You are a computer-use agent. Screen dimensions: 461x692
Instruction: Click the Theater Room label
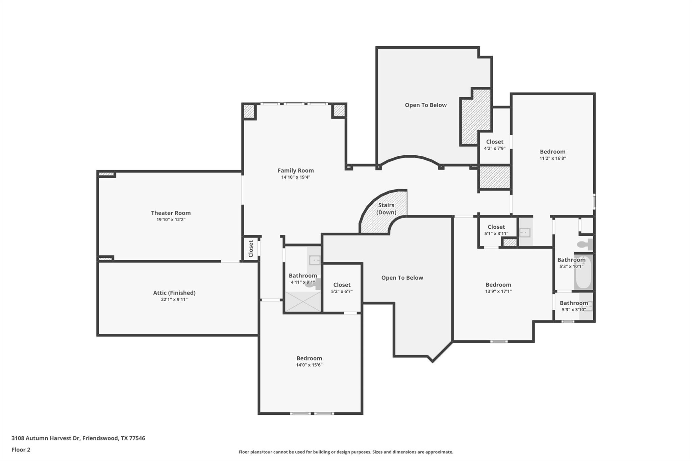click(171, 213)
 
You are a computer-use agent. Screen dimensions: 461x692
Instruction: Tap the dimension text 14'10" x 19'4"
click(296, 177)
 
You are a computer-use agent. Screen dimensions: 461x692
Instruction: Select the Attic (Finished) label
click(174, 293)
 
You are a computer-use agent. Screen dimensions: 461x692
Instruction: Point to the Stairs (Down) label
click(386, 209)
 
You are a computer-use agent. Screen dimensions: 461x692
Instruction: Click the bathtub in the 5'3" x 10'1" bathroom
click(583, 272)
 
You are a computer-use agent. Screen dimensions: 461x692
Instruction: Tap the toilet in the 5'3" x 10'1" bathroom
click(585, 244)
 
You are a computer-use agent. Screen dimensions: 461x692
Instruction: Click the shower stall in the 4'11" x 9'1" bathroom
click(303, 301)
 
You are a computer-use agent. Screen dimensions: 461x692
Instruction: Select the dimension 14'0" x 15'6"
click(309, 365)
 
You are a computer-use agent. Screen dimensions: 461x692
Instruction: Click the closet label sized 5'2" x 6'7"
click(342, 285)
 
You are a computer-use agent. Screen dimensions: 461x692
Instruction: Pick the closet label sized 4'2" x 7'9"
click(494, 142)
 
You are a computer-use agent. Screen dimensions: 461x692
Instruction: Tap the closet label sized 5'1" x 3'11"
click(496, 227)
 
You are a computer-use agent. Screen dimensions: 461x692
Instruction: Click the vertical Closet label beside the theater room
click(251, 249)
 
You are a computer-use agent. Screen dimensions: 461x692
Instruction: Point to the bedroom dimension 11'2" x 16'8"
click(552, 158)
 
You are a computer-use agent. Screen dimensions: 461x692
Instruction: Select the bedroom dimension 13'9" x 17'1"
click(498, 291)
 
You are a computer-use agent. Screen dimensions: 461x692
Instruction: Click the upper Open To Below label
click(425, 105)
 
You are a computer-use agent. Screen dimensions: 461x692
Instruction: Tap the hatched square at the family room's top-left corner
click(249, 111)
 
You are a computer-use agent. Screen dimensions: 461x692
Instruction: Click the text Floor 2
click(21, 450)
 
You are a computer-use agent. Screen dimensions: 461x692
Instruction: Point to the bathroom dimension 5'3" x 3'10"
click(574, 309)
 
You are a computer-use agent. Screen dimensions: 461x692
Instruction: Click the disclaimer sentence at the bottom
click(346, 452)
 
